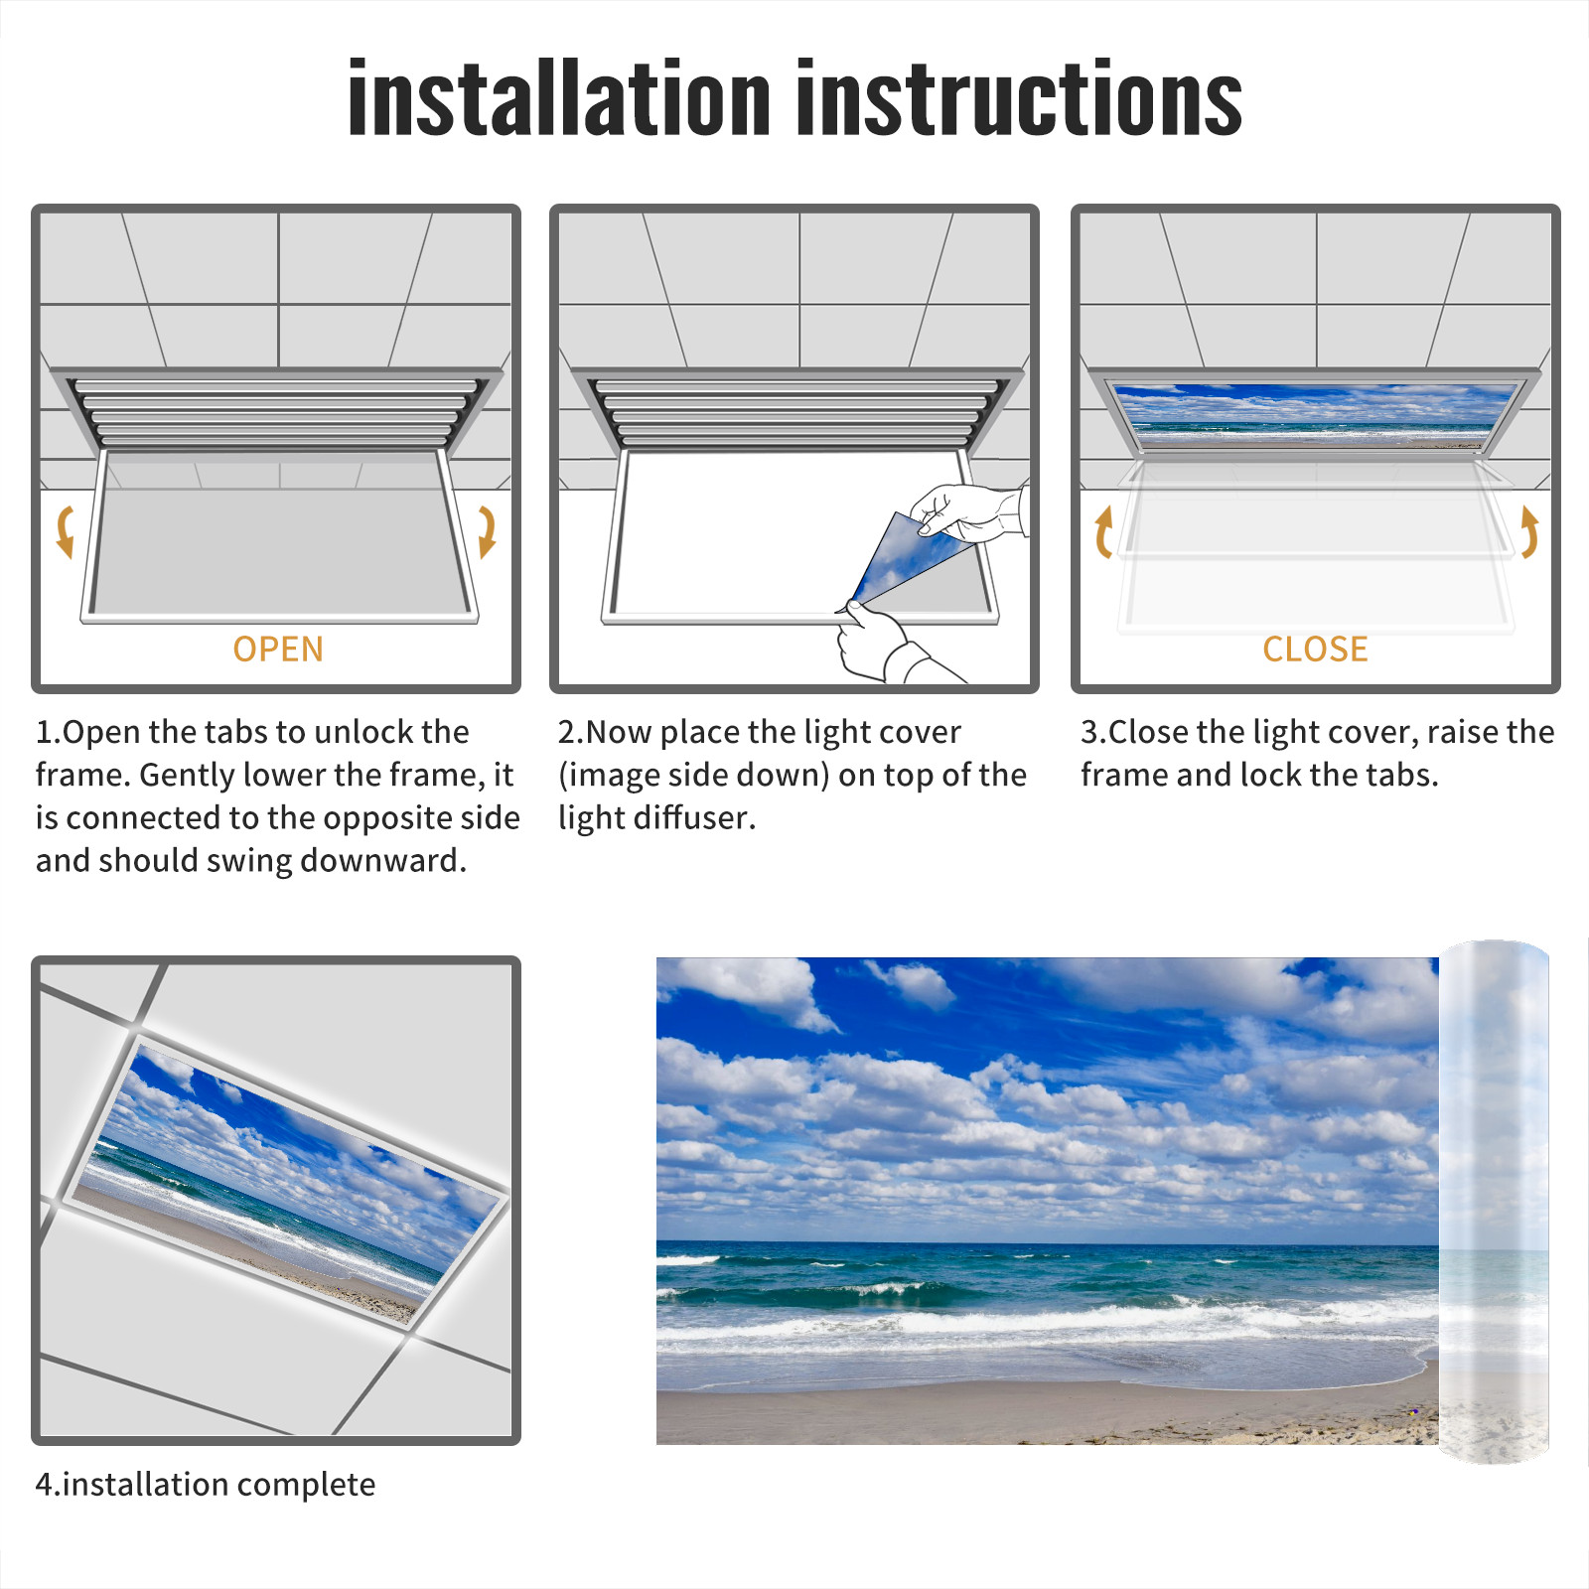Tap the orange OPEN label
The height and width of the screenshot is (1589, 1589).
278,650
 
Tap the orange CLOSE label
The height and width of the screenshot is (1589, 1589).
1315,650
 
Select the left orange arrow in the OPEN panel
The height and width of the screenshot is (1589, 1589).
65,531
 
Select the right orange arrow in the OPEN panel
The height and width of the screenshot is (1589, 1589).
487,531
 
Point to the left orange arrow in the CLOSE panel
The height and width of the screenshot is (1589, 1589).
1102,531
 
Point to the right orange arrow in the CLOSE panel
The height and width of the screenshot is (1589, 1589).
1529,531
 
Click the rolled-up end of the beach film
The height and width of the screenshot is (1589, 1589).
1494,1202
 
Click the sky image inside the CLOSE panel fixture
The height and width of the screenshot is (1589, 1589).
1314,413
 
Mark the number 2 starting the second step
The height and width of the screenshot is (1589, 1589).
567,733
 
